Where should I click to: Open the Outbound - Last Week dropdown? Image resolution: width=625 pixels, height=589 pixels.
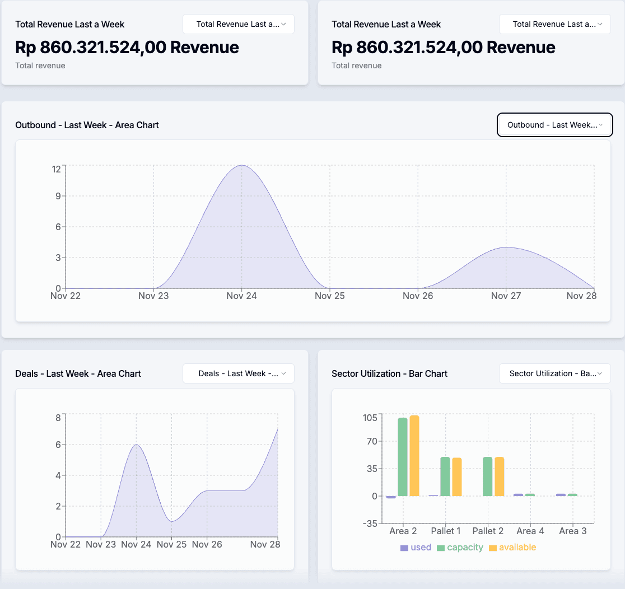(x=554, y=125)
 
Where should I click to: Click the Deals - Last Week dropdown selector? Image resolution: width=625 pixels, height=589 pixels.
(x=239, y=373)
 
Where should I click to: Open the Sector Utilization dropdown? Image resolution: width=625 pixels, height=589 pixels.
(x=554, y=373)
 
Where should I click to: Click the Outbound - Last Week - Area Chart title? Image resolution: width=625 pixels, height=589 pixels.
(x=87, y=125)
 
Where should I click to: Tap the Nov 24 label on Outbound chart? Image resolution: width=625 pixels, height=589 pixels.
(x=241, y=296)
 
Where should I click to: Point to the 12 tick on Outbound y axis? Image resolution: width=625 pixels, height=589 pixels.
(x=56, y=169)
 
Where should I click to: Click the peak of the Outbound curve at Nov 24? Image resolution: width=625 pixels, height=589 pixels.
(x=241, y=166)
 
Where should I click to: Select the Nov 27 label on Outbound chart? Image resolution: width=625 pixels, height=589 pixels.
(x=506, y=296)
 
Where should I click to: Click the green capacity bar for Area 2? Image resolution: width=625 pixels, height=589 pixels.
(x=403, y=456)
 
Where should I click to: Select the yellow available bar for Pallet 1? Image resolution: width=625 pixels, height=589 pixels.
(x=457, y=476)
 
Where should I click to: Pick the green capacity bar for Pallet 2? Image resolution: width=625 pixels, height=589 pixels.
(x=487, y=476)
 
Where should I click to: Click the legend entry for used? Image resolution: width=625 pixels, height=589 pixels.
(x=416, y=548)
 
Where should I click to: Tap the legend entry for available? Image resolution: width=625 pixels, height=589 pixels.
(x=512, y=548)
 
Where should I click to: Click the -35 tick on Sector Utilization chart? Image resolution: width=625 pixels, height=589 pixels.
(x=370, y=523)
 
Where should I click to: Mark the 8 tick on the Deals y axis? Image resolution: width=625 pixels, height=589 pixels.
(x=58, y=417)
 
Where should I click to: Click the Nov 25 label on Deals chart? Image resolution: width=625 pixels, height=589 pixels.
(x=172, y=544)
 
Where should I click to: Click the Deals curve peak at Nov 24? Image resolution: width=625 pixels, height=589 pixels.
(x=137, y=445)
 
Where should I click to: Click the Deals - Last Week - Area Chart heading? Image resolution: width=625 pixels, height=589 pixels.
(x=78, y=373)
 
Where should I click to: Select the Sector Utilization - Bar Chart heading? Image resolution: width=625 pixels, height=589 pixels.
(x=389, y=373)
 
